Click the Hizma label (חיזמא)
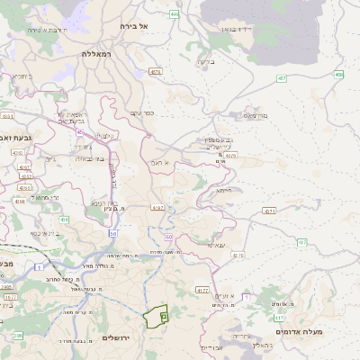[x=223, y=190]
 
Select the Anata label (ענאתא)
[x=217, y=244]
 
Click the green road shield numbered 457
[x=282, y=78]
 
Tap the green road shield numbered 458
[x=338, y=74]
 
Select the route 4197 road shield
[x=158, y=208]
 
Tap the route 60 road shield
[x=168, y=236]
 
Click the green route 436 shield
[x=64, y=219]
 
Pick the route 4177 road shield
[x=202, y=291]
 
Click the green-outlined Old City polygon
[x=157, y=317]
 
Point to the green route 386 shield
[x=18, y=336]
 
